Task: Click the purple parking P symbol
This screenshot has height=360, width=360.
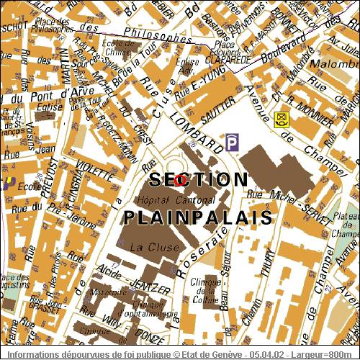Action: pos(232,143)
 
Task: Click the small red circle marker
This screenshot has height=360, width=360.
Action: pos(180,180)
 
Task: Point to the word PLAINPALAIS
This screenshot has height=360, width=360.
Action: pos(197,217)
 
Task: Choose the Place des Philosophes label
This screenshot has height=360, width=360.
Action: pos(53,29)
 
